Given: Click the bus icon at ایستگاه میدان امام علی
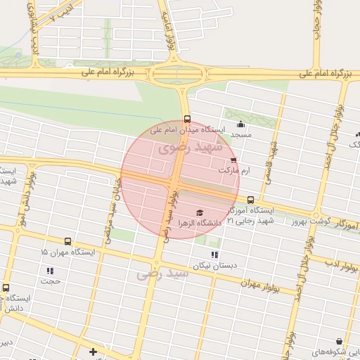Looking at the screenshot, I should point(187,119).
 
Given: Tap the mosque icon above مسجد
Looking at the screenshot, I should point(241,124).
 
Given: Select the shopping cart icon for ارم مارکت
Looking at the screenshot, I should point(233,160).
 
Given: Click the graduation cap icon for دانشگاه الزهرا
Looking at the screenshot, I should point(199,212).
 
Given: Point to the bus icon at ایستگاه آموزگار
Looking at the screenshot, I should point(250,200).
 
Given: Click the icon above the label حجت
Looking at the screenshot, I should point(50,271).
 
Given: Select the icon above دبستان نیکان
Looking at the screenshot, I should point(214,255).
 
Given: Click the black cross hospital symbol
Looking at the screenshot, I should point(93,351).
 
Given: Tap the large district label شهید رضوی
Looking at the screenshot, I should point(190,148).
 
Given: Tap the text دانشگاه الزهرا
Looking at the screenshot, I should point(200,223).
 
